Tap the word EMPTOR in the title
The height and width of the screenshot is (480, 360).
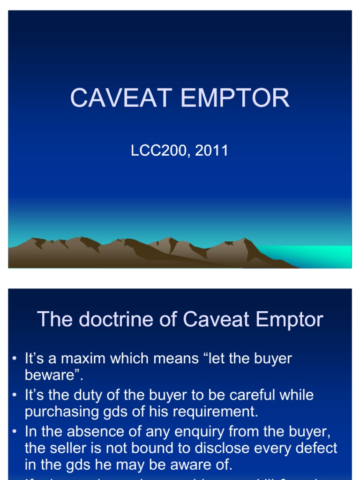click(x=235, y=98)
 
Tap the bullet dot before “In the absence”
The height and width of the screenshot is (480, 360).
click(x=15, y=432)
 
